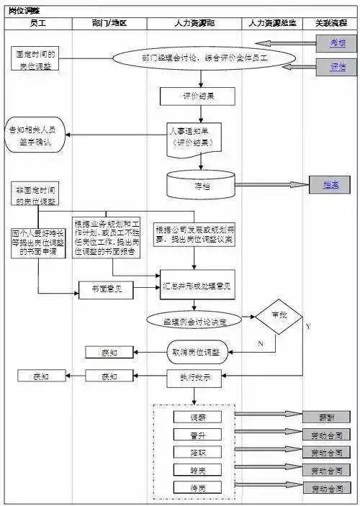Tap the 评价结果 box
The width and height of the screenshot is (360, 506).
(187, 96)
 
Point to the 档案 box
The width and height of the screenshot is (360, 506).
(330, 185)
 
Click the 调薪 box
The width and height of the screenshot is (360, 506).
(197, 417)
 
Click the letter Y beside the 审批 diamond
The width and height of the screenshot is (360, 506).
(308, 326)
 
